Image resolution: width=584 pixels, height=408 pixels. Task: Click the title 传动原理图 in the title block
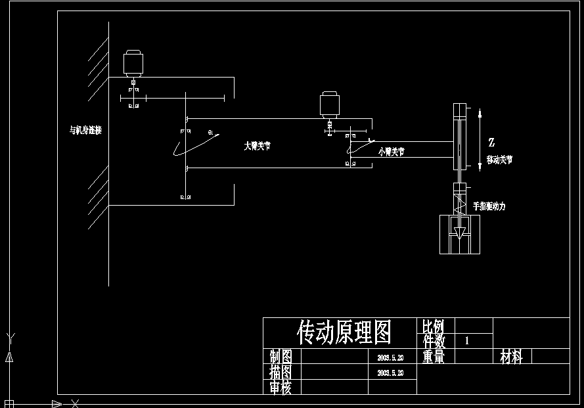click(x=344, y=332)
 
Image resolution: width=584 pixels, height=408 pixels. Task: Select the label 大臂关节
click(x=257, y=147)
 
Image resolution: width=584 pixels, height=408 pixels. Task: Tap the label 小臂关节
click(x=392, y=152)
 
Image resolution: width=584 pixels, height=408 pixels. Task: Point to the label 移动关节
click(x=499, y=160)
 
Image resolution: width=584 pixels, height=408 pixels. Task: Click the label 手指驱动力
click(x=489, y=206)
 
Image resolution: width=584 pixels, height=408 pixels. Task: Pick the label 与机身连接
click(x=85, y=130)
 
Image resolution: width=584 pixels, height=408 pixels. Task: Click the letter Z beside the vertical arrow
click(x=491, y=142)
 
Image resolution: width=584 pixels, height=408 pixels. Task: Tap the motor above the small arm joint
click(x=329, y=105)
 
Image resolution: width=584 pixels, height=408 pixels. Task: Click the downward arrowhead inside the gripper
click(x=460, y=232)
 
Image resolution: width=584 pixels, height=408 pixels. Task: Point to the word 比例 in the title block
click(x=434, y=326)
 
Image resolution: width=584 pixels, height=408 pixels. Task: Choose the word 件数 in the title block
click(x=434, y=341)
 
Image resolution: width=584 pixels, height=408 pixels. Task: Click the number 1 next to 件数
click(x=467, y=341)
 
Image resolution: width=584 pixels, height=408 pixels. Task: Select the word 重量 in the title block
click(x=434, y=357)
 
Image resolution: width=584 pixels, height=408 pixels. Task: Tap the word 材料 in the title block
click(x=511, y=357)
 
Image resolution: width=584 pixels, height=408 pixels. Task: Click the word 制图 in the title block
click(x=281, y=357)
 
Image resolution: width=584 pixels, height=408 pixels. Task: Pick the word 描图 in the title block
click(x=281, y=372)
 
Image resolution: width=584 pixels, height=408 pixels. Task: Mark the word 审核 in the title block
click(x=281, y=388)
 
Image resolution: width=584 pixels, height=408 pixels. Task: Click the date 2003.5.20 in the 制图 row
click(x=390, y=358)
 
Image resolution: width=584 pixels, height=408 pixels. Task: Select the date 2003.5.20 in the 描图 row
click(x=390, y=373)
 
